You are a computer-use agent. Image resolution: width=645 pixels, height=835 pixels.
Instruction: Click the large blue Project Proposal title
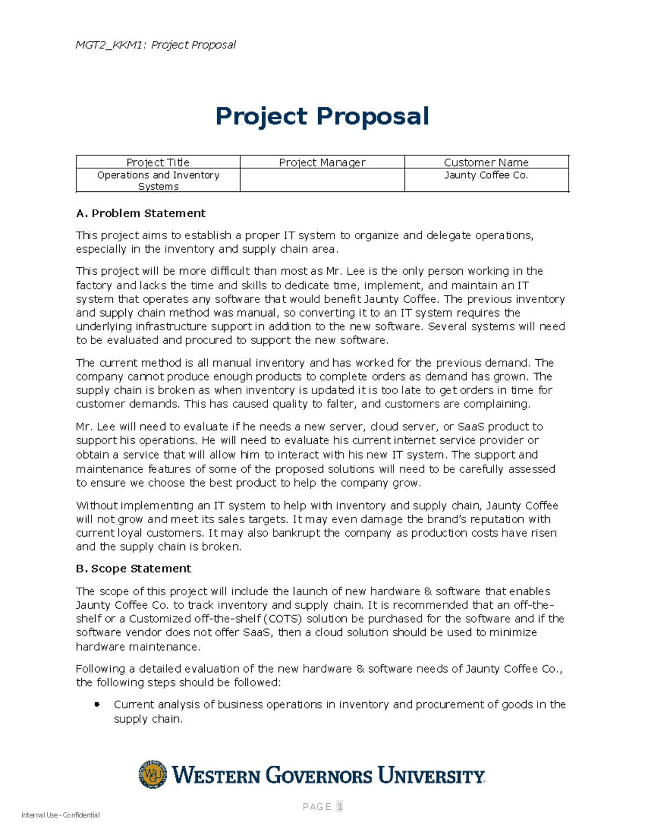coord(322,116)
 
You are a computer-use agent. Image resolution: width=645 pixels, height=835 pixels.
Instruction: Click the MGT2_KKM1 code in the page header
coord(110,45)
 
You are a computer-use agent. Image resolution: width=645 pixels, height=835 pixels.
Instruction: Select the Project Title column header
coord(158,162)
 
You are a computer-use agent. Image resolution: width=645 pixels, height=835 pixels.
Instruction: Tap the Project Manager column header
coord(322,162)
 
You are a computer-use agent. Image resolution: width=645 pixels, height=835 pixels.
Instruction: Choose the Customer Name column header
coord(486,162)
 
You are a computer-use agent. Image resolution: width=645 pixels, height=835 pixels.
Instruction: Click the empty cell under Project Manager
coord(322,180)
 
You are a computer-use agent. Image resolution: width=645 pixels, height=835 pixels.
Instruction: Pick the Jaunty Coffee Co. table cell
coord(486,175)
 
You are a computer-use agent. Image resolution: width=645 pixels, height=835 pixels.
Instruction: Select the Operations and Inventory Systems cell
coord(158,181)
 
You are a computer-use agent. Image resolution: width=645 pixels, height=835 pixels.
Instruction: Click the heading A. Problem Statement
coord(141,213)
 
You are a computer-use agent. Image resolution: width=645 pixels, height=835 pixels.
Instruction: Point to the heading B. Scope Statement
coord(133,568)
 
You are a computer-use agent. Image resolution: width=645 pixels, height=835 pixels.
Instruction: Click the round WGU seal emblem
coord(153,774)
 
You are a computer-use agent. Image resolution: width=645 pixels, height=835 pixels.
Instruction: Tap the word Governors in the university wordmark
coord(319,775)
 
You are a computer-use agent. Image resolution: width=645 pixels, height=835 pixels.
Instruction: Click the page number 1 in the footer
coord(340,807)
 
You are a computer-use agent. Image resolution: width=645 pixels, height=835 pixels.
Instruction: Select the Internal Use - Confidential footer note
coord(60,815)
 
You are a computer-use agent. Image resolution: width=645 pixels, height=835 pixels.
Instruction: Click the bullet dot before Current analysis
coord(97,704)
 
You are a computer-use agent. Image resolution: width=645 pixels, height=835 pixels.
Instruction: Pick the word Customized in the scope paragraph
coord(160,619)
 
